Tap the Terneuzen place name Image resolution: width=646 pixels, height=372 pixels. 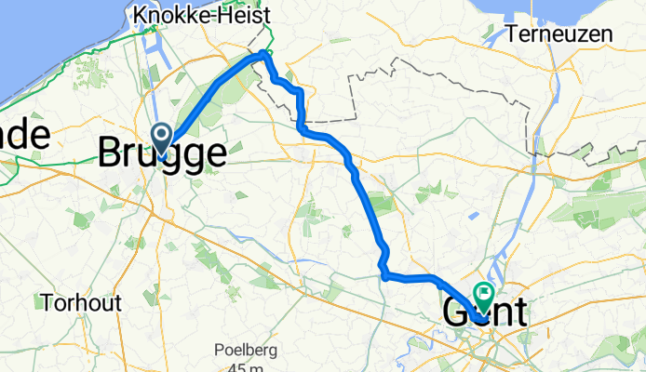tap(561, 35)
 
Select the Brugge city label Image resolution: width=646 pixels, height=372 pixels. tap(162, 153)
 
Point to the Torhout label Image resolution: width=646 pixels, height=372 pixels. tap(75, 302)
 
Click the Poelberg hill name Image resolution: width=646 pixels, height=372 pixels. tap(248, 350)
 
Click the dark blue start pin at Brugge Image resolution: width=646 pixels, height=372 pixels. tap(161, 139)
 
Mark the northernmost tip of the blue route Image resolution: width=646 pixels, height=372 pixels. tap(264, 55)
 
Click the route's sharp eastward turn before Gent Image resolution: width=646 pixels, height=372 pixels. tap(384, 274)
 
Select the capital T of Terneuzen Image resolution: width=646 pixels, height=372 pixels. tap(516, 35)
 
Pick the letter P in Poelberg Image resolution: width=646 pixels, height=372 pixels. tap(221, 350)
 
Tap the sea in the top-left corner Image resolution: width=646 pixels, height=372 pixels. tap(37, 37)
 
